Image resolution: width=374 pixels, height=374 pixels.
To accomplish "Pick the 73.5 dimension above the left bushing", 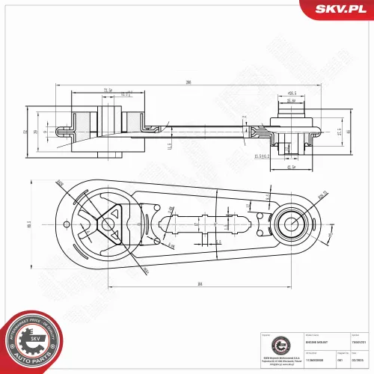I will click(108, 90).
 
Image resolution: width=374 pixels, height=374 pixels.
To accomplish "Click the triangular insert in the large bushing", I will click(108, 222).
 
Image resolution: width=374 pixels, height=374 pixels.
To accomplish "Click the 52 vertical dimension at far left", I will click(25, 132).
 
